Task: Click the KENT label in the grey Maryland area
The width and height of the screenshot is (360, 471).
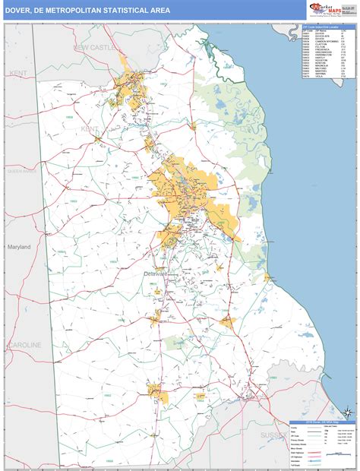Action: [18, 72]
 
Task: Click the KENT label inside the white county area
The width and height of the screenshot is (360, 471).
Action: [90, 129]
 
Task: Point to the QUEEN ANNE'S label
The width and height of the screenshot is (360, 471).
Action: [22, 172]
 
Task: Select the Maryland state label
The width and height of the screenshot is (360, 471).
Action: [19, 247]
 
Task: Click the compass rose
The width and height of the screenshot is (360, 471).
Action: [346, 413]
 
